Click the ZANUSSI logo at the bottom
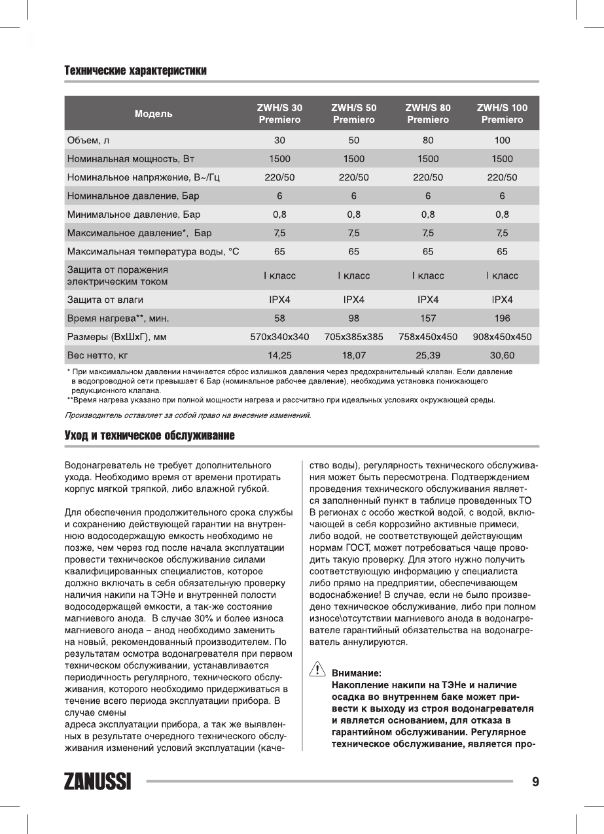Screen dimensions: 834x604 point(98,782)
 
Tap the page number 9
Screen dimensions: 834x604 point(535,782)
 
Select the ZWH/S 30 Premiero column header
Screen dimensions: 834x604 point(279,114)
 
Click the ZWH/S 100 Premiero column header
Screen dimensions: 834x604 point(502,114)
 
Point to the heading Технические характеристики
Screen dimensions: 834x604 point(135,71)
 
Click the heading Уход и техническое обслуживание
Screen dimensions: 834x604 point(149,435)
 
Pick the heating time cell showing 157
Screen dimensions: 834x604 point(428,319)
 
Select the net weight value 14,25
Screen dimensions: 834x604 point(279,356)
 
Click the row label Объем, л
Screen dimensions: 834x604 point(88,140)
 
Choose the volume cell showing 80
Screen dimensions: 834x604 point(428,140)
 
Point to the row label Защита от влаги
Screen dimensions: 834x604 point(105,300)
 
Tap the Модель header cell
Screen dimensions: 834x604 point(154,114)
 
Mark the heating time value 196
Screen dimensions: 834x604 point(502,319)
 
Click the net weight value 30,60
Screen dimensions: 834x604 point(502,356)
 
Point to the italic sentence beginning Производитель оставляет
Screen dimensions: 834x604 point(187,415)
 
